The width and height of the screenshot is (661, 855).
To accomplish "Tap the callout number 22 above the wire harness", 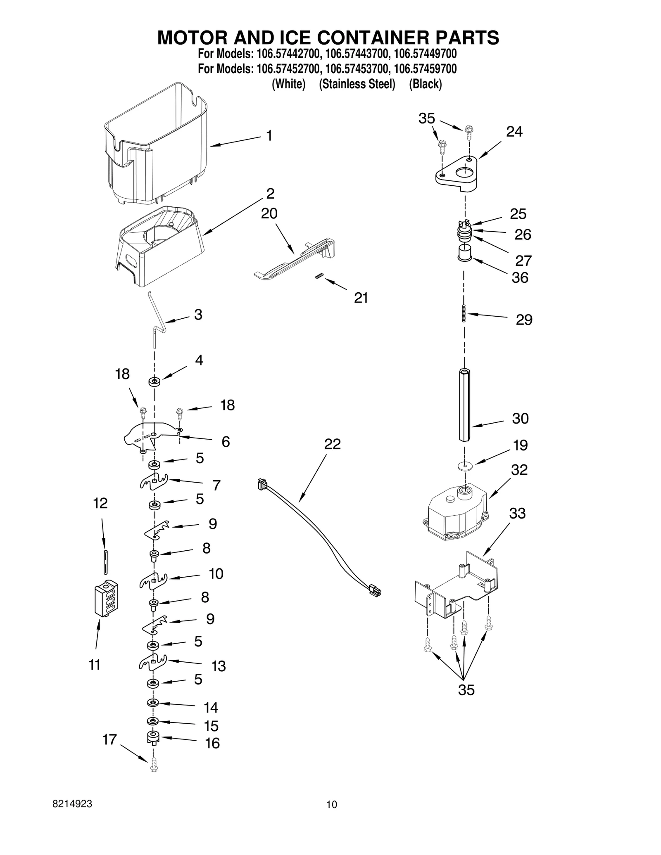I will [332, 444].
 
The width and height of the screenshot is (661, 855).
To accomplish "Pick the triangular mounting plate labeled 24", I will [457, 173].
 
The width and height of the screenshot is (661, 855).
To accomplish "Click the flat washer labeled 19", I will [466, 466].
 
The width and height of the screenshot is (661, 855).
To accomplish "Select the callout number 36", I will [520, 278].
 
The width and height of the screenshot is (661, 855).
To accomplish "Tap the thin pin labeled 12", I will [106, 561].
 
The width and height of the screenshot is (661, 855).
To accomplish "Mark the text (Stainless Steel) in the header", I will [357, 84].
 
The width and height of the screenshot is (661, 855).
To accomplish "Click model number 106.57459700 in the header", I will [425, 69].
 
